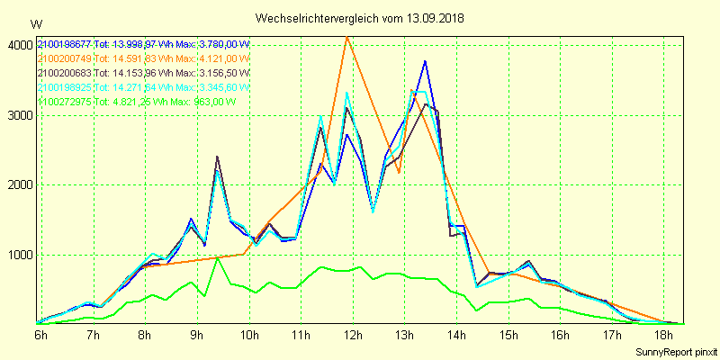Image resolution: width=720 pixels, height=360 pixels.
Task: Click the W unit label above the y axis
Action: point(35,23)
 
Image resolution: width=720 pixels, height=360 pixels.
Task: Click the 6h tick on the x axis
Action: point(41,335)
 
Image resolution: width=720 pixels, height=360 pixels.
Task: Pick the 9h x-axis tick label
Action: point(198,335)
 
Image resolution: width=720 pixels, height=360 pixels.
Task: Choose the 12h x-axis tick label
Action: point(354,335)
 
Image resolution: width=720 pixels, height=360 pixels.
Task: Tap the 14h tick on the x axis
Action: point(458,335)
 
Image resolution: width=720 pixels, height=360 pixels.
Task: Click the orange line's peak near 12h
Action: point(347,37)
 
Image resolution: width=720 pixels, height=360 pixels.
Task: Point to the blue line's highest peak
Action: point(425,61)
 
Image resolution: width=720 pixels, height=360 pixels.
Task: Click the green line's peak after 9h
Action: point(217,258)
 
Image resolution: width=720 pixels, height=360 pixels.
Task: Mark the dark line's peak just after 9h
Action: point(217,157)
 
